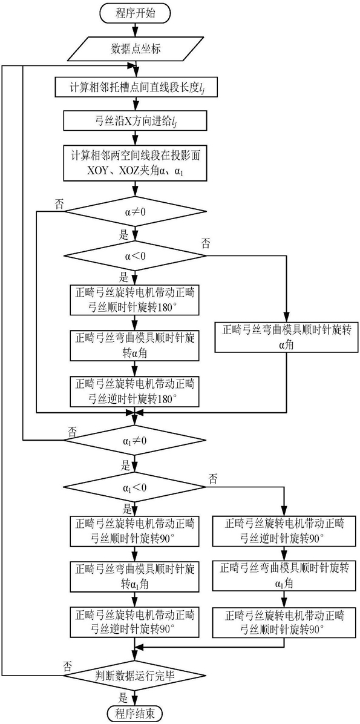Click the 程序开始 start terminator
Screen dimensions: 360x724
(136, 13)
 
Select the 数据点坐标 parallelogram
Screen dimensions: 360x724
(136, 48)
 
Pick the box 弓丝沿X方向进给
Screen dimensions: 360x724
(136, 123)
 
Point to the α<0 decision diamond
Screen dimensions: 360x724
(136, 255)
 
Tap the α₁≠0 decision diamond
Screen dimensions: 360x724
(136, 441)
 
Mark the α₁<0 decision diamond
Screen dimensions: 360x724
(136, 488)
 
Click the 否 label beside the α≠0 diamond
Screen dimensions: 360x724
(59, 203)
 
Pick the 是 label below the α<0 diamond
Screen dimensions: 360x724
(123, 277)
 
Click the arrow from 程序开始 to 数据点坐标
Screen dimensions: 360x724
(136, 30)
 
